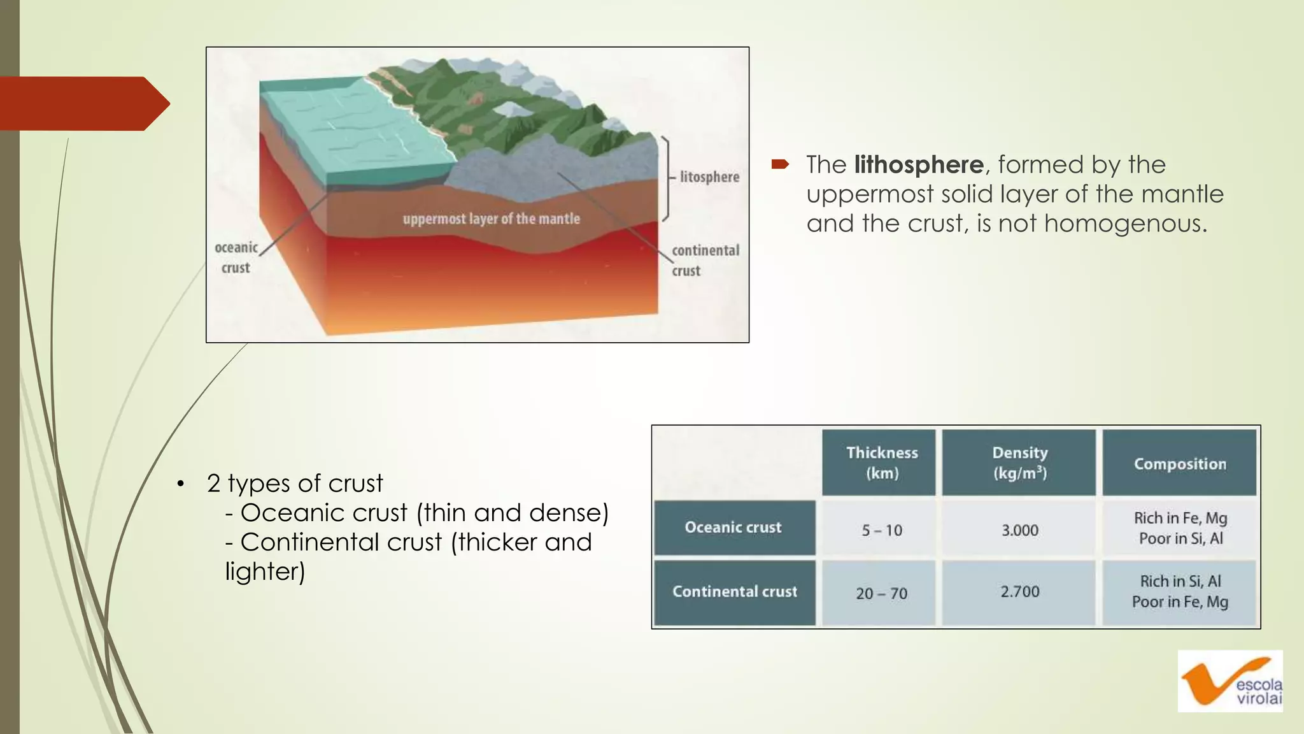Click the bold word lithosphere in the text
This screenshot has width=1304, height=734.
click(918, 165)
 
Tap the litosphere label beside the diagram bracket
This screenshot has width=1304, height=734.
click(709, 176)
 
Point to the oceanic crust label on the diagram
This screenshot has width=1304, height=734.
click(236, 257)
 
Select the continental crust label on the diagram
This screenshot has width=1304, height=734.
click(705, 260)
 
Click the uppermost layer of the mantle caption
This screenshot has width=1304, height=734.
click(491, 219)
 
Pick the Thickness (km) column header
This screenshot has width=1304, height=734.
click(881, 463)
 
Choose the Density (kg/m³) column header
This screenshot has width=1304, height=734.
click(1019, 463)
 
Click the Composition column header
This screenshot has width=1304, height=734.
click(1179, 464)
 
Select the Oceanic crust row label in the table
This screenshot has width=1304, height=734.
click(733, 528)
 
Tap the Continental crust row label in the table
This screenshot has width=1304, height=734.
click(734, 592)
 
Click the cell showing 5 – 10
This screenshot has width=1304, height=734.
click(881, 530)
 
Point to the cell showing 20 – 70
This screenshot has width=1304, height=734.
click(881, 593)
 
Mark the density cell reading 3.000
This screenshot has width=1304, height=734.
click(1019, 530)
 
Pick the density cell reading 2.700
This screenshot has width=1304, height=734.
click(1019, 592)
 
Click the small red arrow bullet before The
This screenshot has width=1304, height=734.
click(780, 165)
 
